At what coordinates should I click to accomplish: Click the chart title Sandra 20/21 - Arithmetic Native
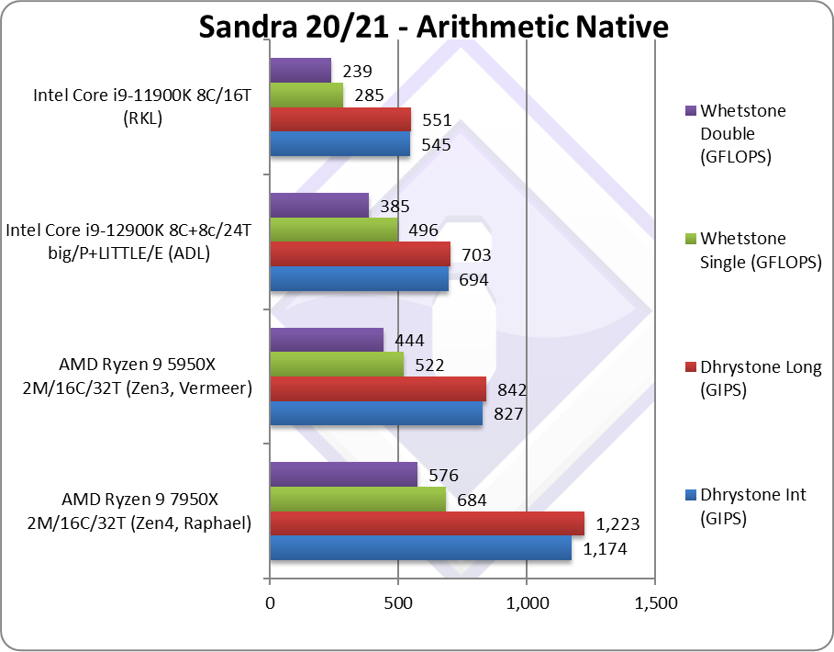tap(433, 28)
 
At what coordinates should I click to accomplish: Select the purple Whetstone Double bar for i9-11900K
tap(300, 71)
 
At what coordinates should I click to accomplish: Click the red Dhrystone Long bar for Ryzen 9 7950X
tap(427, 523)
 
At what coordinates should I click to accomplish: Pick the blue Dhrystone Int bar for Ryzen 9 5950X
tap(376, 414)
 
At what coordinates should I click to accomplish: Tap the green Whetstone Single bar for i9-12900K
tap(334, 230)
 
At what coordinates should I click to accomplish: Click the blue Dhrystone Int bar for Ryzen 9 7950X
tap(420, 549)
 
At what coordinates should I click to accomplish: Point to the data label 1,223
tap(617, 525)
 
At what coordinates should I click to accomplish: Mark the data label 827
tap(507, 414)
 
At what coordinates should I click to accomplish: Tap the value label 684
tap(471, 500)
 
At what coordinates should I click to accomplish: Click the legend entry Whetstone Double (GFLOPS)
tap(742, 133)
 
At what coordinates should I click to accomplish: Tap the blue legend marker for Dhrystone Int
tap(690, 496)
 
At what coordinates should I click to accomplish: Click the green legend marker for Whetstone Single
tap(690, 240)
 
